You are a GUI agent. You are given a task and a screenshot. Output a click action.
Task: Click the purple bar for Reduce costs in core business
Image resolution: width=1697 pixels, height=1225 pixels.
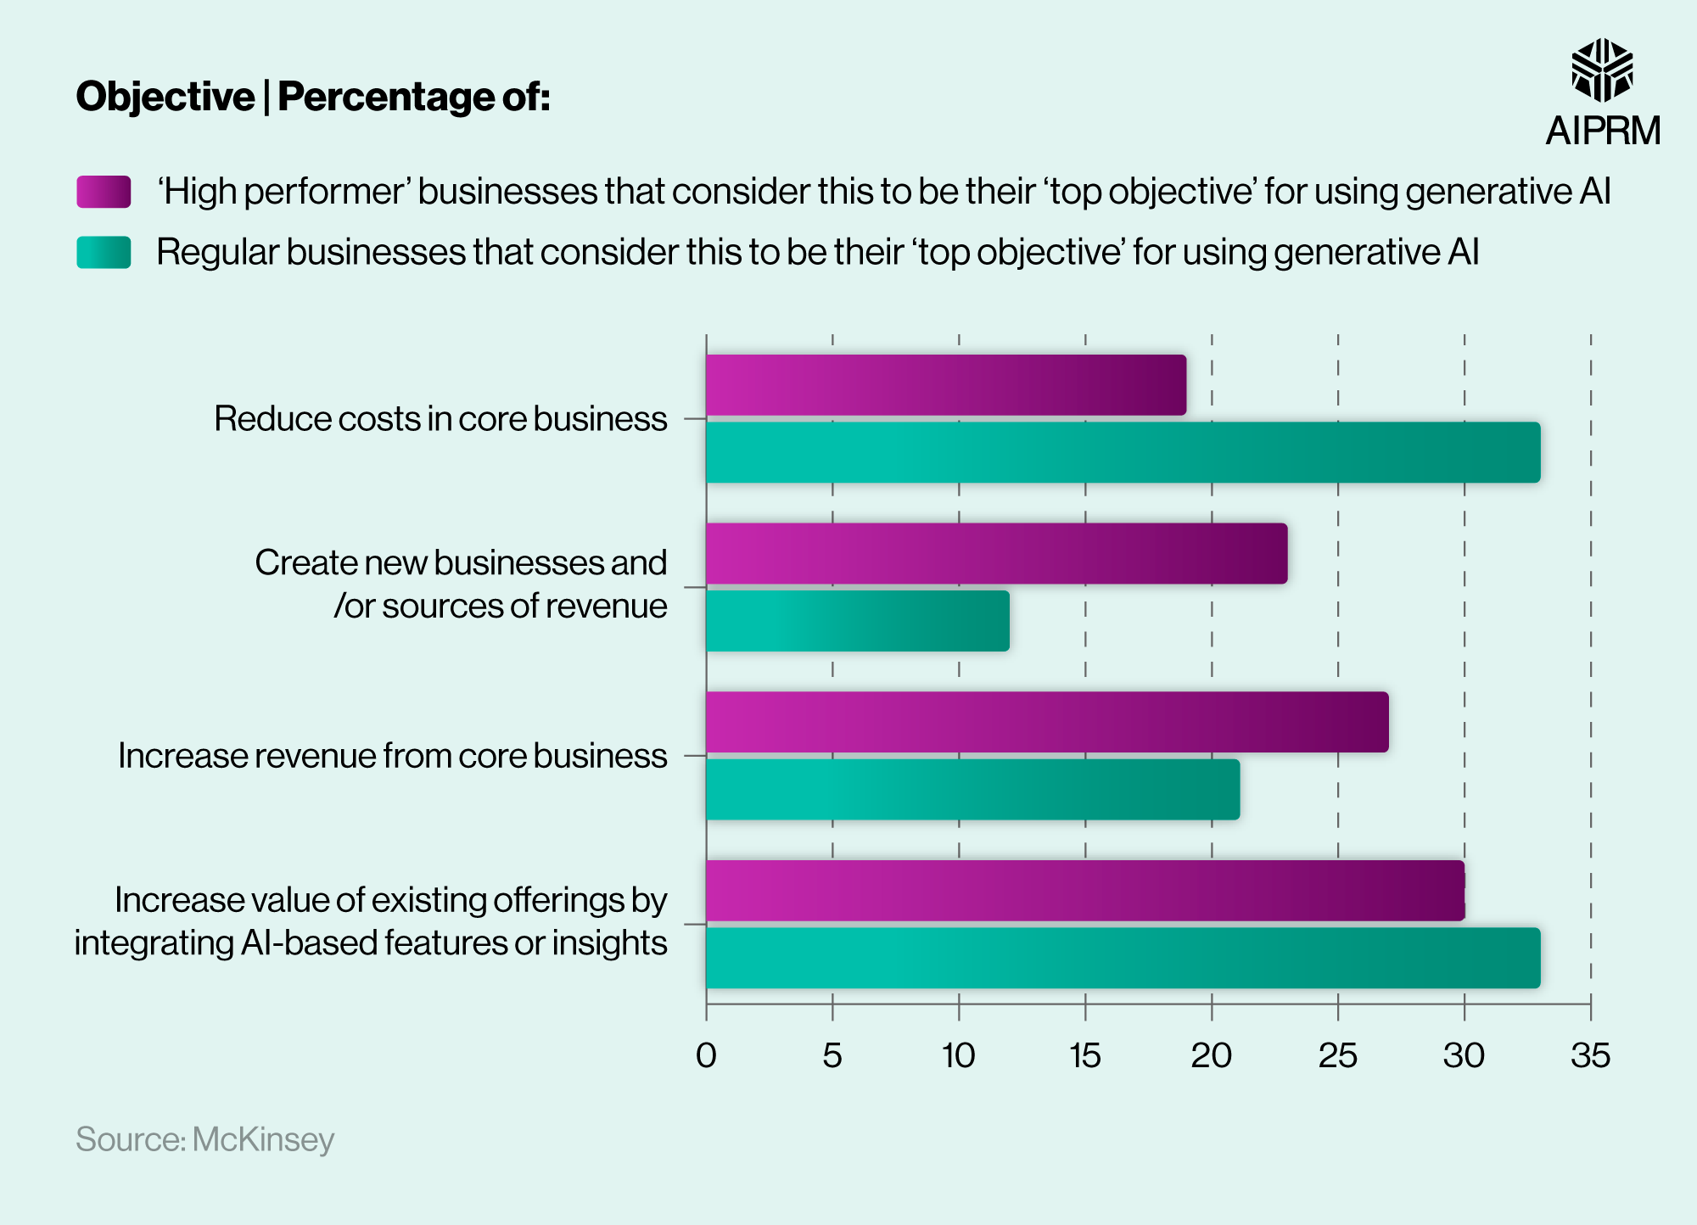click(x=945, y=385)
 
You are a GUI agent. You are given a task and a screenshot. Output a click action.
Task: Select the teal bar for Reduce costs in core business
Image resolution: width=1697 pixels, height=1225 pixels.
click(x=1123, y=452)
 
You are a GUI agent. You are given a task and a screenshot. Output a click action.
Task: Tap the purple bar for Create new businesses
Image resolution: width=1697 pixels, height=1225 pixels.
click(x=996, y=553)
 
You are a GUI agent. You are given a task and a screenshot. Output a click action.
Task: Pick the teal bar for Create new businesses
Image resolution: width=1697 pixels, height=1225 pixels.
click(x=857, y=621)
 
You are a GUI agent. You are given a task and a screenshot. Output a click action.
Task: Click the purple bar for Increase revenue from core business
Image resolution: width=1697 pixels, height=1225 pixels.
click(x=1046, y=722)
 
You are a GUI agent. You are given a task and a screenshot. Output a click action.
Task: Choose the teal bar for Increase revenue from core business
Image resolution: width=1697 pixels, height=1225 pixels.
click(x=972, y=789)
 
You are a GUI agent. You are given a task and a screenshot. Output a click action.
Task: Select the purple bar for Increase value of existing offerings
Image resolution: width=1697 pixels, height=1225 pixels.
click(x=1084, y=891)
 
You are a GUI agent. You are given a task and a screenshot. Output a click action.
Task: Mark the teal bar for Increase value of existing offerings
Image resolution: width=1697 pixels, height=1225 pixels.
click(x=1123, y=958)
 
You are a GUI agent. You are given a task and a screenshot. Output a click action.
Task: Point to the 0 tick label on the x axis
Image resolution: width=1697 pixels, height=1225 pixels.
click(x=706, y=1055)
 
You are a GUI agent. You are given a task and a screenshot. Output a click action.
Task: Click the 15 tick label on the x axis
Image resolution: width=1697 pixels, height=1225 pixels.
click(x=1084, y=1055)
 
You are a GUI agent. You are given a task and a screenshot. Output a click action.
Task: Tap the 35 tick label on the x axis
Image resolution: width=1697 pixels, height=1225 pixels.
click(x=1590, y=1055)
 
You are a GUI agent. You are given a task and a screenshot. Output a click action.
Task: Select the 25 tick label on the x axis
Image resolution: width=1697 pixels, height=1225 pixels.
click(x=1337, y=1055)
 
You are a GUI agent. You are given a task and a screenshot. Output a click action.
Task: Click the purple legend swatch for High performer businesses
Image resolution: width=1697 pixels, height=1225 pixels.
click(x=104, y=192)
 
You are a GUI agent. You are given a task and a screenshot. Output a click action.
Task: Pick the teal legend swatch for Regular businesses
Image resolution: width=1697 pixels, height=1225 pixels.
click(x=104, y=252)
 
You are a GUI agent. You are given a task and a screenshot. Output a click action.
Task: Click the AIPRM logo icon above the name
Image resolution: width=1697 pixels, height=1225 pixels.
click(x=1602, y=70)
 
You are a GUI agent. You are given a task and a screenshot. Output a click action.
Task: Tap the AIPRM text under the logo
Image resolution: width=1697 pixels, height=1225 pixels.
click(x=1603, y=131)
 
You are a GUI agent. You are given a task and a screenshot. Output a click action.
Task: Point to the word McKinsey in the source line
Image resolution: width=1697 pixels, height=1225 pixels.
click(x=263, y=1139)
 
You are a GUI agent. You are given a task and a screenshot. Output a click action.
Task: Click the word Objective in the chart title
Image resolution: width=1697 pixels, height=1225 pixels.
click(x=165, y=97)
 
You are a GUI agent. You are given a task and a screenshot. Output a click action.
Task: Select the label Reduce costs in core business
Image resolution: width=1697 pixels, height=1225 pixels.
click(x=440, y=419)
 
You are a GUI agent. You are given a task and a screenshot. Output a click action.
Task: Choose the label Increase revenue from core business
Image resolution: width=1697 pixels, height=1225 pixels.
click(x=392, y=756)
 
